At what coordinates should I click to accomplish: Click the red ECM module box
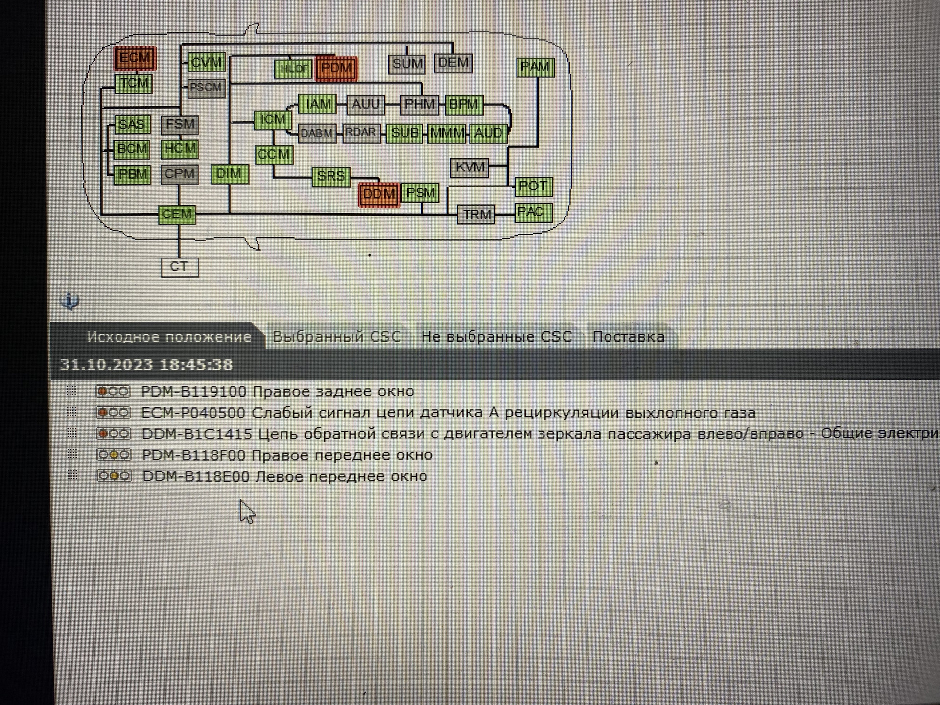click(x=135, y=58)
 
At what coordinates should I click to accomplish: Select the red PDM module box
click(x=336, y=68)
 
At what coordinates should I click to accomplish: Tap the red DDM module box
click(x=379, y=195)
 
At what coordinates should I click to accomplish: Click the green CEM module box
click(x=177, y=214)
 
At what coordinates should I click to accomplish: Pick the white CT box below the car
click(x=180, y=267)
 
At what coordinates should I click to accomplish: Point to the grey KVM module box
click(x=470, y=167)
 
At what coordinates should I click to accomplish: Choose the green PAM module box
click(x=535, y=67)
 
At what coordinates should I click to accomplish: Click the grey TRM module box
click(x=476, y=214)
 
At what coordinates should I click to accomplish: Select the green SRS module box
click(x=331, y=176)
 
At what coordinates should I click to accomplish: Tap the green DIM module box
click(x=230, y=174)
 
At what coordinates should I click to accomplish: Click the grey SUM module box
click(x=407, y=64)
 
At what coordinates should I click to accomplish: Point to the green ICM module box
click(x=273, y=120)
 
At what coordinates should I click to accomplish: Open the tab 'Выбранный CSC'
click(x=337, y=337)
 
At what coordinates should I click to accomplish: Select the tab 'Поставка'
click(x=629, y=337)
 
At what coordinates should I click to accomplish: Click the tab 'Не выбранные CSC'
click(x=496, y=337)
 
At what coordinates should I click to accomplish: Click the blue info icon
click(x=70, y=301)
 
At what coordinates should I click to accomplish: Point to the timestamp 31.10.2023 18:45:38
click(x=146, y=365)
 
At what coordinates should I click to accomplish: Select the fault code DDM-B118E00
click(x=196, y=476)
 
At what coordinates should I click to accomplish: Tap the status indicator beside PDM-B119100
click(x=113, y=392)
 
